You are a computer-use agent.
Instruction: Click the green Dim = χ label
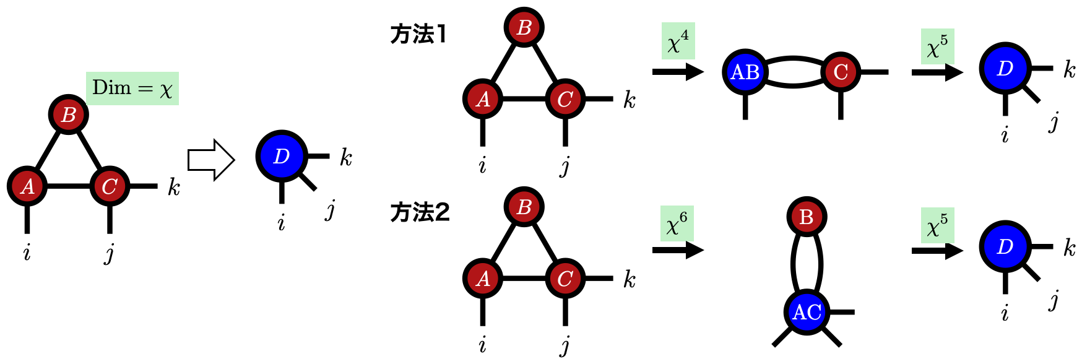[x=132, y=88]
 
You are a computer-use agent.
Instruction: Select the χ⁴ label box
[x=678, y=41]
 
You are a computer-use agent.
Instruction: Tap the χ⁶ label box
[x=677, y=223]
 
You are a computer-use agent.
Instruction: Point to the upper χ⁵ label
[x=937, y=46]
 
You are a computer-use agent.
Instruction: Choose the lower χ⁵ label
[x=937, y=225]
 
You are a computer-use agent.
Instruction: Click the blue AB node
[x=745, y=72]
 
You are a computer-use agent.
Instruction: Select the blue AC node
[x=807, y=312]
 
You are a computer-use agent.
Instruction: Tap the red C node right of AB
[x=840, y=72]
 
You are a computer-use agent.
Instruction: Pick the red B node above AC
[x=806, y=217]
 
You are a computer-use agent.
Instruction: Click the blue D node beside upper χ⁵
[x=1005, y=68]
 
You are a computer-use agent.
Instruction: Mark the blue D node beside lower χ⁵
[x=1005, y=246]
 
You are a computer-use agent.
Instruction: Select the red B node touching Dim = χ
[x=68, y=115]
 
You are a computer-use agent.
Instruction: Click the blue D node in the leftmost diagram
[x=282, y=156]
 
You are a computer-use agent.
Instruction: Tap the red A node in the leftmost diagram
[x=27, y=186]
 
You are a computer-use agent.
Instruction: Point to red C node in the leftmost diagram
[x=110, y=186]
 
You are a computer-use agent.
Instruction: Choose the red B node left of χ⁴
[x=524, y=27]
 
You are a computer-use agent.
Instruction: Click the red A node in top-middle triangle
[x=483, y=98]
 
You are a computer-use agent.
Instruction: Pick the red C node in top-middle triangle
[x=565, y=98]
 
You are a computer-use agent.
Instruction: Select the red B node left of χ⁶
[x=524, y=207]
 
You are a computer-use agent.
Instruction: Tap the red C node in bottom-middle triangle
[x=565, y=278]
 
